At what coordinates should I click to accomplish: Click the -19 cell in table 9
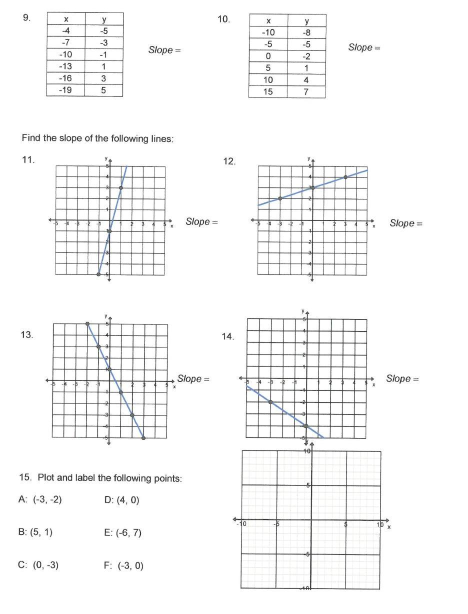65,90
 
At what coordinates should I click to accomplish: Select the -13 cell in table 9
65,66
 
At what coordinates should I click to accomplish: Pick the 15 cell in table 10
268,92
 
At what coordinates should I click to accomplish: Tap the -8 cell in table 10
306,32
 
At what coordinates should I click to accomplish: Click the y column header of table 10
306,21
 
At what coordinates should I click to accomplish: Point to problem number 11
28,160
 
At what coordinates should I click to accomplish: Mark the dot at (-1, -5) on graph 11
98,274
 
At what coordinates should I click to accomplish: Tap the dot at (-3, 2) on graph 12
280,198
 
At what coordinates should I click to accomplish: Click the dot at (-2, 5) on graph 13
87,324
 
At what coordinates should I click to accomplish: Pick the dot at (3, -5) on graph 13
143,438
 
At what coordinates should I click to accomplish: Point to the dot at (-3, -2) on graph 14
270,402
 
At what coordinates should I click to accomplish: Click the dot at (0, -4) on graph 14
306,426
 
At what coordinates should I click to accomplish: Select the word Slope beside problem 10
360,47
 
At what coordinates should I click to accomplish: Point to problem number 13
27,335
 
